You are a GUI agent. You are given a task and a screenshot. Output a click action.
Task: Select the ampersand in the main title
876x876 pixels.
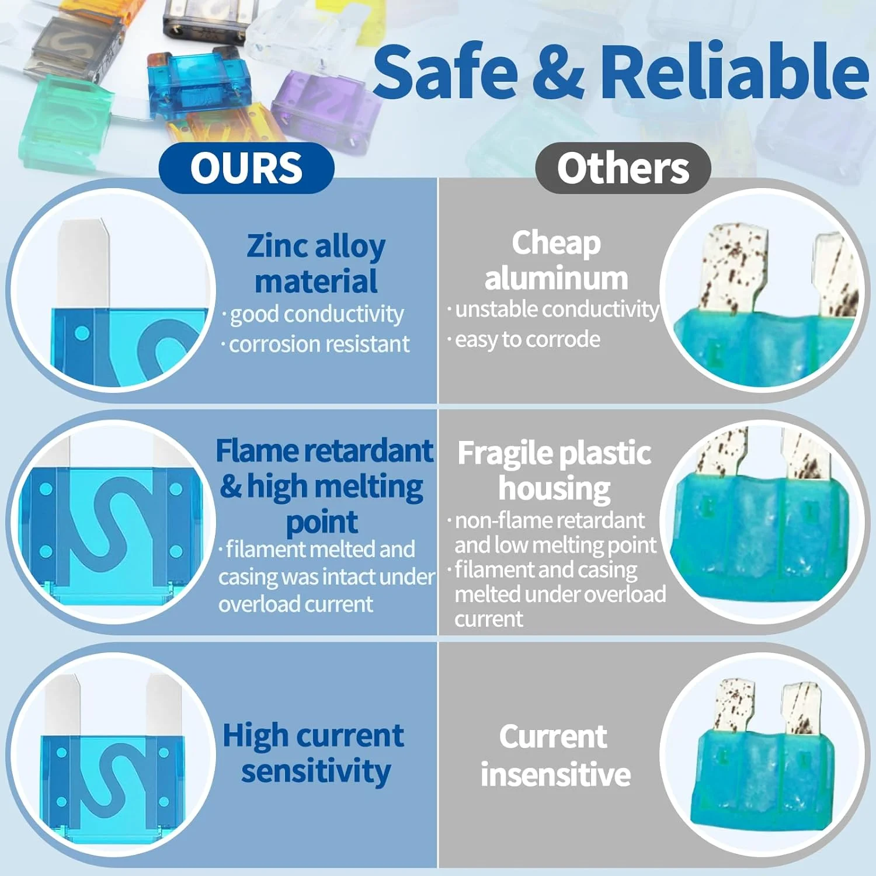tap(558, 72)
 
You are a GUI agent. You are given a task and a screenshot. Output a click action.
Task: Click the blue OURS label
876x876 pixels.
tap(246, 168)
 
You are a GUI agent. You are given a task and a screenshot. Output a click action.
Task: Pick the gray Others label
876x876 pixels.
tap(623, 168)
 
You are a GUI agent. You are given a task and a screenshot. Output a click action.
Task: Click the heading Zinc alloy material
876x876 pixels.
tap(316, 263)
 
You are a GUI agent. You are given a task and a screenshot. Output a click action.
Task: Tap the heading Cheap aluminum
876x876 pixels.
tap(556, 260)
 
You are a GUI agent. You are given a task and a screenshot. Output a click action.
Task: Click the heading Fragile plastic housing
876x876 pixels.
tap(554, 471)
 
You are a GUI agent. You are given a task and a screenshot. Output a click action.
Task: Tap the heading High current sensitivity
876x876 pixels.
tap(314, 754)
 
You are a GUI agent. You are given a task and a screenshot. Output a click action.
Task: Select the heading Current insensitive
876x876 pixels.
tap(555, 756)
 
